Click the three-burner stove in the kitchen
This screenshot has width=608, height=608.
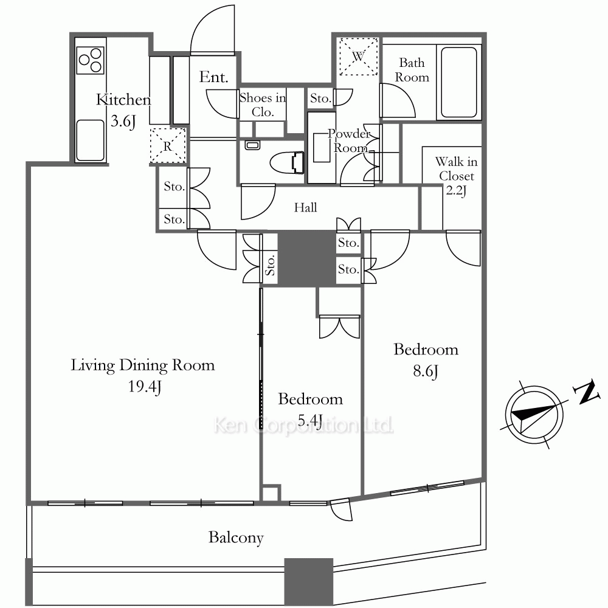click(x=91, y=60)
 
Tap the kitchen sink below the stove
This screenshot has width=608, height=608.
click(x=91, y=140)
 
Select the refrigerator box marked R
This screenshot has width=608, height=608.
click(x=168, y=145)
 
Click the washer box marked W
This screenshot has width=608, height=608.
click(x=358, y=56)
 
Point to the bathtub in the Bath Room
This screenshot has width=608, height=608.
click(x=459, y=82)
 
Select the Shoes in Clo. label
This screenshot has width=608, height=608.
click(x=263, y=105)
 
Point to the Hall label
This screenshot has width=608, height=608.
click(x=306, y=207)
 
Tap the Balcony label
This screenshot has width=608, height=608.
click(x=236, y=538)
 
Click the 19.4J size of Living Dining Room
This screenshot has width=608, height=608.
click(x=145, y=387)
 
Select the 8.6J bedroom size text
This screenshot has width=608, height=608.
click(x=426, y=371)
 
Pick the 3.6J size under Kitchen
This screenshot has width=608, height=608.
click(x=123, y=122)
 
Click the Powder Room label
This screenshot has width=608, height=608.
click(x=350, y=141)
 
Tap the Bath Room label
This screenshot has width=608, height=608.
click(x=412, y=70)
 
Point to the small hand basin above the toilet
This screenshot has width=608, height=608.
click(x=252, y=145)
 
